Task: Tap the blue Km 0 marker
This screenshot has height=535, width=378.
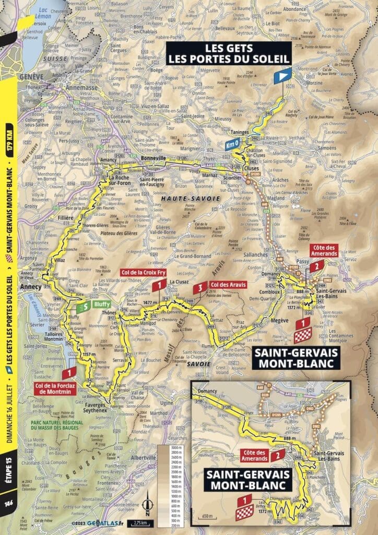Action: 232,145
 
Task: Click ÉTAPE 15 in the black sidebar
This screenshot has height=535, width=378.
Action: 7,470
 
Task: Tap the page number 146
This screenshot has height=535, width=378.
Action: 7,516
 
